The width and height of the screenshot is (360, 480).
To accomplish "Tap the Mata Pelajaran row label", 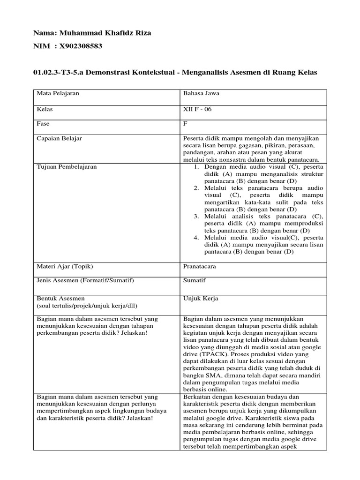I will click(58, 93).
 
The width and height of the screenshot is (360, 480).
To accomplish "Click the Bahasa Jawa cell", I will click(201, 93).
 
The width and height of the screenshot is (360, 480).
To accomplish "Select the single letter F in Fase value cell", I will click(185, 124).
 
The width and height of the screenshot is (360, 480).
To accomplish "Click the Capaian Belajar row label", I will click(60, 139).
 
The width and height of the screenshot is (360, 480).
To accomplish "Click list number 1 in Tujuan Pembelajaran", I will click(196, 167).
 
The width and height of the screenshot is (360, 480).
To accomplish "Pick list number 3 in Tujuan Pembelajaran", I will click(196, 216).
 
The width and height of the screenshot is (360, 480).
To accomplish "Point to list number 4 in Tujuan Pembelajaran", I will click(196, 238).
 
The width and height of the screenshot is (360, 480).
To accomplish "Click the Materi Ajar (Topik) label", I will click(65, 266).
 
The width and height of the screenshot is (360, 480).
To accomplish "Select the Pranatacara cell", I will click(199, 266).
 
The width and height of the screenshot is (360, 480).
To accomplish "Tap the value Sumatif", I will click(194, 280).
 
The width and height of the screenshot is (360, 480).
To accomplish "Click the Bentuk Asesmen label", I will click(61, 298).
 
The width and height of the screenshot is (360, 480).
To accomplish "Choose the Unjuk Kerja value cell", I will click(200, 298).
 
